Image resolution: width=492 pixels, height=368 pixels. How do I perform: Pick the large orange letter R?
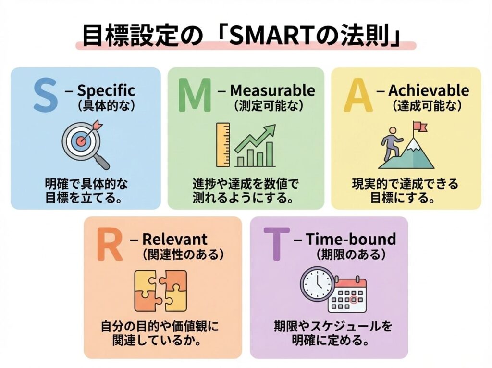coord(110,245)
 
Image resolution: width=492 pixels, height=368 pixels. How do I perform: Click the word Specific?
coord(106,90)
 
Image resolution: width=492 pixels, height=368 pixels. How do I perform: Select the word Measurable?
coord(273,90)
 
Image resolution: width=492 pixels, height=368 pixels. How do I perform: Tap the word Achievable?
coord(429,90)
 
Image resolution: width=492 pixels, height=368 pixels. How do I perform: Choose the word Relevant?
coord(175,239)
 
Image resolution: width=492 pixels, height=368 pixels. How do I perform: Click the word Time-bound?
coord(351,239)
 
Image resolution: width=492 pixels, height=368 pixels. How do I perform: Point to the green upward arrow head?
coord(271,129)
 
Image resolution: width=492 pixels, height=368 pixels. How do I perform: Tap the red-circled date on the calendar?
coord(354,300)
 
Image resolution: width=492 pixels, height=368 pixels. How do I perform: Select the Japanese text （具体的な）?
coord(106,106)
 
